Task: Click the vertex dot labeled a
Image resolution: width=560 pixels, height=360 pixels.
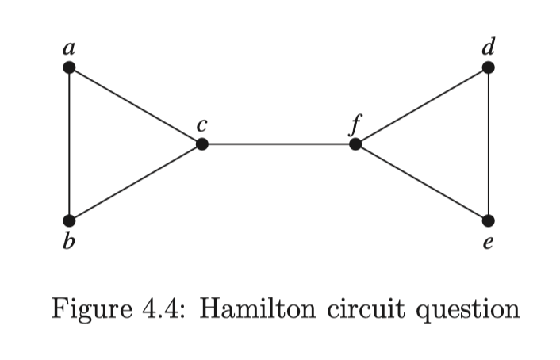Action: point(70,67)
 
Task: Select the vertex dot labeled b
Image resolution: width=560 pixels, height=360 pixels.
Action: point(70,220)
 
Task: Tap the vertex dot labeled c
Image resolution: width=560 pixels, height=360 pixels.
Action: point(202,144)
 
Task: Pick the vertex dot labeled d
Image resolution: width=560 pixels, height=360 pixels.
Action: point(489,67)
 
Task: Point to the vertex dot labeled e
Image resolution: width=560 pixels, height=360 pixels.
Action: point(489,220)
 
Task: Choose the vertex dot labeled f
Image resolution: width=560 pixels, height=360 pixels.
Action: point(355,144)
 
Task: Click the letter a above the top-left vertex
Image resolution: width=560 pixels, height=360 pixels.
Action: point(70,48)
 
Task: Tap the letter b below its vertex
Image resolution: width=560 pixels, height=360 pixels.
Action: point(70,242)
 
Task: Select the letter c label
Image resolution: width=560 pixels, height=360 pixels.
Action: point(202,125)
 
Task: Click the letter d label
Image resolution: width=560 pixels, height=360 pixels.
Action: point(489,46)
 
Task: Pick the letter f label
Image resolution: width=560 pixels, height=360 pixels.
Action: point(356,124)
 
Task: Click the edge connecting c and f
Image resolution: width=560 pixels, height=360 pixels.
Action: point(278,144)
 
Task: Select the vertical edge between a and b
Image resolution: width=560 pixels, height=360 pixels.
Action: point(70,144)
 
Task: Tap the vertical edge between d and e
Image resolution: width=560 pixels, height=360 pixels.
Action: point(489,144)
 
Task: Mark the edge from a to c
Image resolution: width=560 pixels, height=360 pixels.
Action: point(136,105)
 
